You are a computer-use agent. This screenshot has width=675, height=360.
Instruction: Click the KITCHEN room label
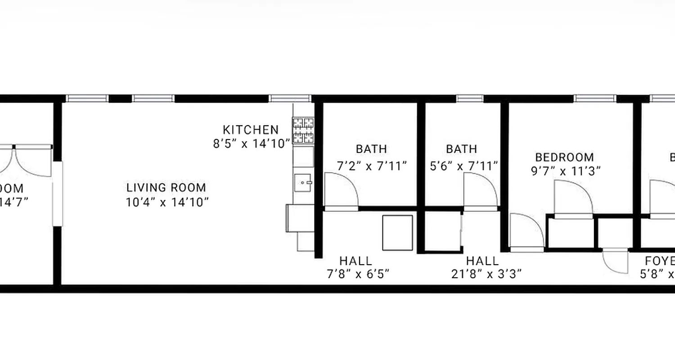[x=251, y=130]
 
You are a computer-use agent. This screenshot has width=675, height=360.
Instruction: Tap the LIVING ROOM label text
[x=166, y=188]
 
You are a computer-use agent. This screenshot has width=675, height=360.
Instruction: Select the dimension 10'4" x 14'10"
[x=167, y=202]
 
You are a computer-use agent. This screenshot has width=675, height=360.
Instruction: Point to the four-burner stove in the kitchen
[x=303, y=130]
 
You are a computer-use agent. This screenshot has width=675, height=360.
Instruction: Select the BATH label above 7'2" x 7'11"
[x=371, y=149]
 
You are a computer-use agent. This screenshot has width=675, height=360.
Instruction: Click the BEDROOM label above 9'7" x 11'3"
[x=564, y=157]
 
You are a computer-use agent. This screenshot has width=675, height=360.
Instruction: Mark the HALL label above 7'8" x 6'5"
[x=355, y=261]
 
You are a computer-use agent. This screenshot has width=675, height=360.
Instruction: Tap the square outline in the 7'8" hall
[x=397, y=233]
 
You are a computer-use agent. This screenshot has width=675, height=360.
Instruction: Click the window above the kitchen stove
[x=290, y=99]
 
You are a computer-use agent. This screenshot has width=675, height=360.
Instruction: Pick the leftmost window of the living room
[x=87, y=99]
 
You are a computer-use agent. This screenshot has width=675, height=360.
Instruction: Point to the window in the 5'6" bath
[x=469, y=99]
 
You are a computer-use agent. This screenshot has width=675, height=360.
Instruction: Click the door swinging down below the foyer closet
[x=615, y=261]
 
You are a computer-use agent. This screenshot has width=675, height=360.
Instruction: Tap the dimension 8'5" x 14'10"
[x=251, y=144]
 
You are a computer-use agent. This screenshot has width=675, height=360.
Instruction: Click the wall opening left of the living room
[x=58, y=193]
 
